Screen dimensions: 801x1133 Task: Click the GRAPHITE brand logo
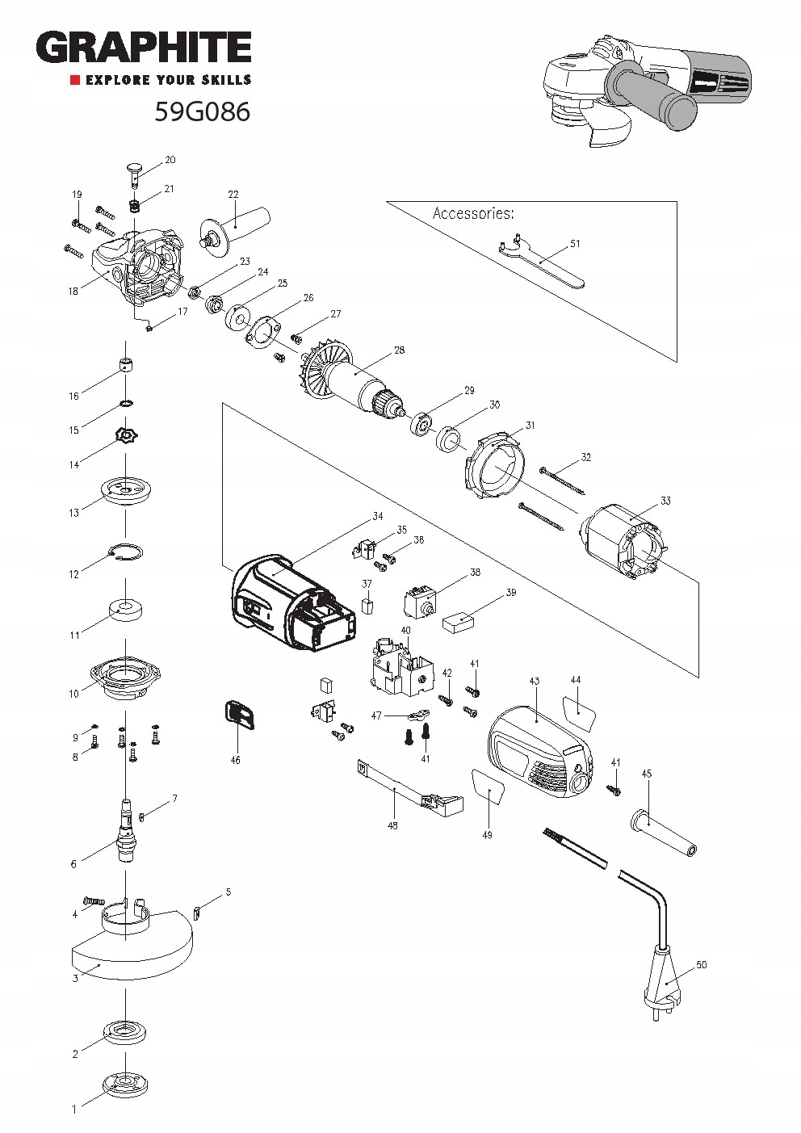144,47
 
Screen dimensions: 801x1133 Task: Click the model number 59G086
203,111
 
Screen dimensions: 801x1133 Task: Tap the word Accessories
473,213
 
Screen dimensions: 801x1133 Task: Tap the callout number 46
235,760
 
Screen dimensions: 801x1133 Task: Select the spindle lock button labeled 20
135,175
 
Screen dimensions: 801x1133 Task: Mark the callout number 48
392,825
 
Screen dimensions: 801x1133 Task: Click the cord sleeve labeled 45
665,834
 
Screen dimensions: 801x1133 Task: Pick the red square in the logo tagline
75,80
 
